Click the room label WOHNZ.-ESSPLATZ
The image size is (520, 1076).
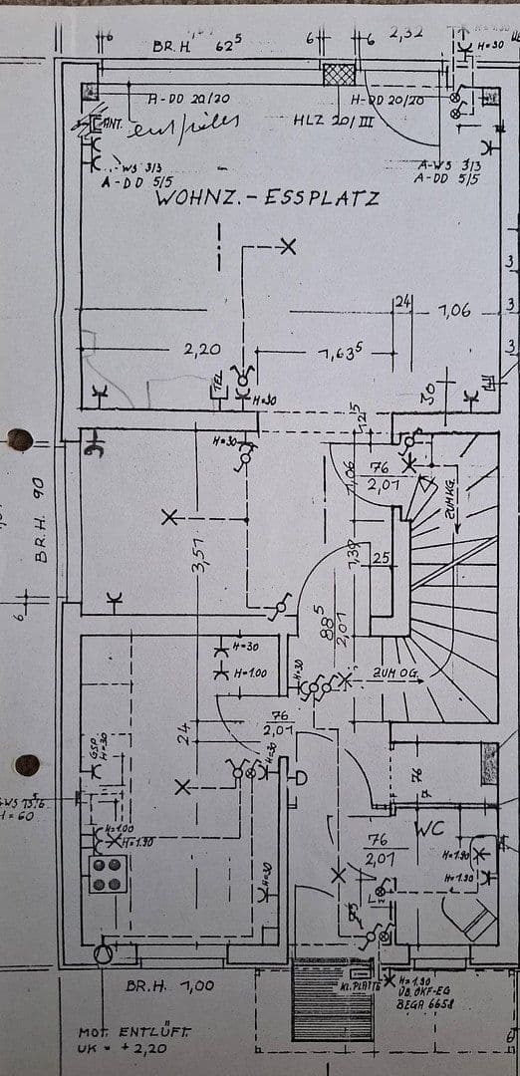266,198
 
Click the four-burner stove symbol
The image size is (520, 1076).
108,874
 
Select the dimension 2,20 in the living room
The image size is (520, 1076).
201,350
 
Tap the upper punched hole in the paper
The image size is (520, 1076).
19,439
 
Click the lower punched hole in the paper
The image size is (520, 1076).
27,765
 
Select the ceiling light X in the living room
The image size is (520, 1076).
288,246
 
